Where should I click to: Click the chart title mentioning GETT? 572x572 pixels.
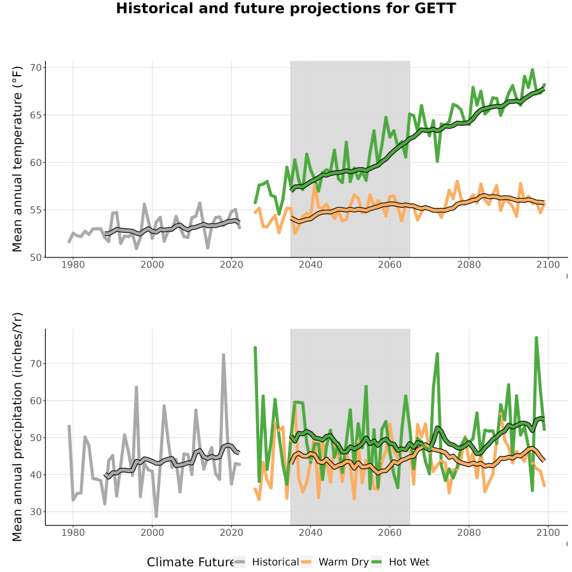click(x=286, y=8)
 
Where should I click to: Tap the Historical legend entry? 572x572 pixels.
click(x=267, y=562)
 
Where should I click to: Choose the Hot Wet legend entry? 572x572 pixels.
click(x=400, y=562)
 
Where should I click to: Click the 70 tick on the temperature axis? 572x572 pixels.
click(x=36, y=67)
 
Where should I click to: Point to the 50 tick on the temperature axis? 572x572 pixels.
click(x=36, y=257)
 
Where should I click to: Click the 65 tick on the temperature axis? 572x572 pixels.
click(x=36, y=115)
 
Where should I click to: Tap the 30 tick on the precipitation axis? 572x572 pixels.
click(x=36, y=512)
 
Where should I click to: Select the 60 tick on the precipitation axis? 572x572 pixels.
click(x=36, y=400)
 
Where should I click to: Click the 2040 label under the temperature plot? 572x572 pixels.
click(x=310, y=264)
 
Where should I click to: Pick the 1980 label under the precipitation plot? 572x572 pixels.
click(x=73, y=533)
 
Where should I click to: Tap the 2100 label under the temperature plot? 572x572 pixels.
click(x=548, y=264)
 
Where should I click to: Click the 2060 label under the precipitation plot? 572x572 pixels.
click(x=390, y=533)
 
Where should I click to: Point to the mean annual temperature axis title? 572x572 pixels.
click(x=17, y=159)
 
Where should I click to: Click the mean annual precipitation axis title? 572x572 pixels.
click(x=17, y=427)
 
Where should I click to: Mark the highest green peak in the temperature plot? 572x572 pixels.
click(x=532, y=70)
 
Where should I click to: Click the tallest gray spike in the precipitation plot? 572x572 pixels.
click(x=224, y=355)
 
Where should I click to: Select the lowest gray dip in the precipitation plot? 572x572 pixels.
click(x=156, y=516)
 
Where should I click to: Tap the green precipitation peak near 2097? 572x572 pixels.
click(x=536, y=338)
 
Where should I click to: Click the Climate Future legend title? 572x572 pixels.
click(x=191, y=562)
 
